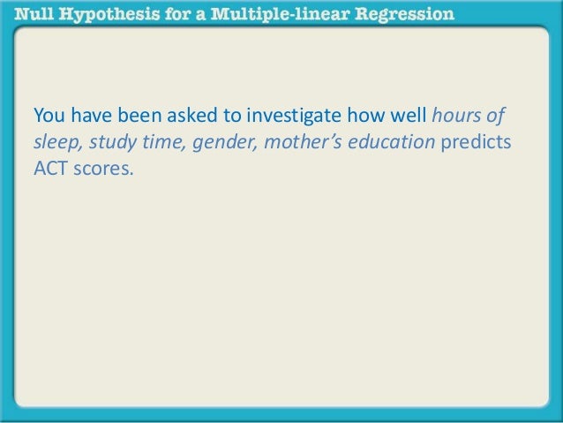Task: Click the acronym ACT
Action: tap(49, 169)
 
